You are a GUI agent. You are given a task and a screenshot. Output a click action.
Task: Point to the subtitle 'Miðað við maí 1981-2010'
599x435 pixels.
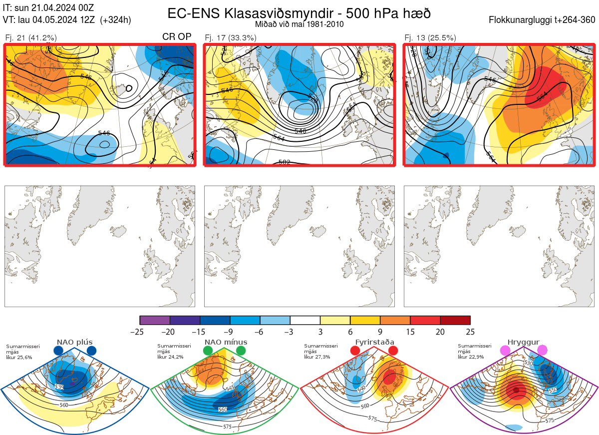click(299, 24)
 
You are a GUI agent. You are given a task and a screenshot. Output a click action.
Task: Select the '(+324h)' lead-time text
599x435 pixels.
click(115, 20)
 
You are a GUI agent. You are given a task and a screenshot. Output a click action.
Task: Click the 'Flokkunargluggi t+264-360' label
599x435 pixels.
click(543, 20)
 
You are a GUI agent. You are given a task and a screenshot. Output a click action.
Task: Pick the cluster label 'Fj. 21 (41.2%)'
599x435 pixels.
click(30, 37)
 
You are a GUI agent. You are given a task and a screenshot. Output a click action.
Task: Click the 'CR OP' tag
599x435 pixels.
click(177, 37)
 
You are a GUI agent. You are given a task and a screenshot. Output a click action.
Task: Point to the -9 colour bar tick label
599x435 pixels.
click(230, 332)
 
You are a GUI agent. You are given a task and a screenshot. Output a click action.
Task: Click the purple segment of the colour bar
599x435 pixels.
click(155, 320)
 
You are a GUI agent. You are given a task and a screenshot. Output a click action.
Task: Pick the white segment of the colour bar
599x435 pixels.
click(305, 320)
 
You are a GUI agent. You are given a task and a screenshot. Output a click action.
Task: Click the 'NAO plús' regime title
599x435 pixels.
click(74, 342)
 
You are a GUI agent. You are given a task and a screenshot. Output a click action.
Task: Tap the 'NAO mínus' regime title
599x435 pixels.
click(226, 342)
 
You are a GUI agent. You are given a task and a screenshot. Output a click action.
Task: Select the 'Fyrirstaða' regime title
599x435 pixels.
click(374, 342)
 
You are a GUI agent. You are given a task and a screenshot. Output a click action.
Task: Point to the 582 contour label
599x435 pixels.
click(285, 162)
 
